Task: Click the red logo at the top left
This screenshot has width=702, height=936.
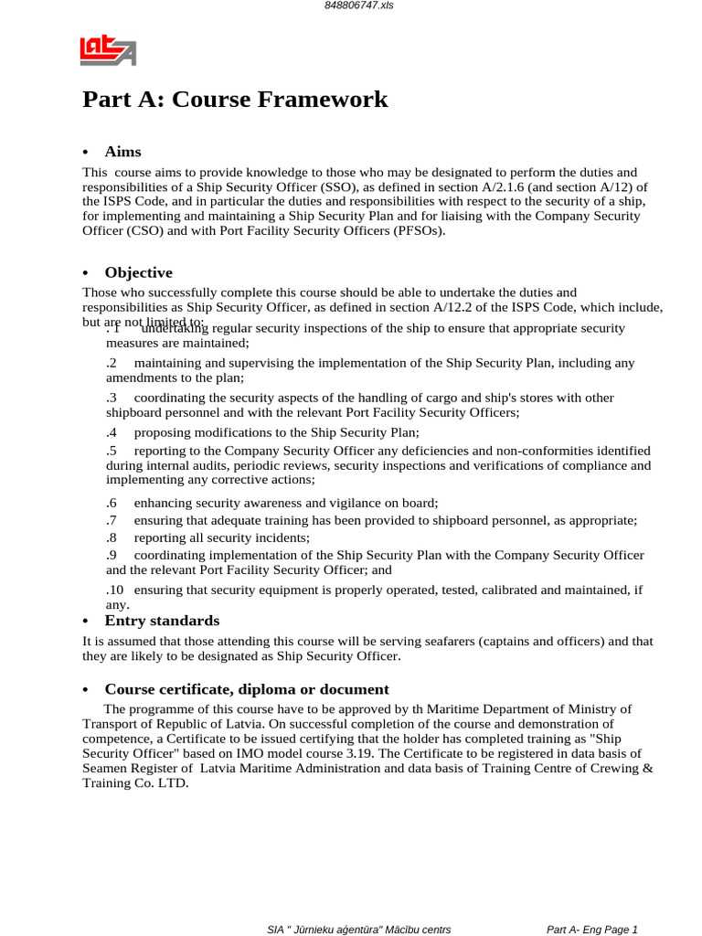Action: [x=108, y=50]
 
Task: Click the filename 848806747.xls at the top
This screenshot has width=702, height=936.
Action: [x=351, y=5]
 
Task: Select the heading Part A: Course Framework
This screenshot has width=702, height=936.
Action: [x=235, y=100]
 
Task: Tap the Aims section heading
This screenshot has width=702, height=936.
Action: [x=122, y=152]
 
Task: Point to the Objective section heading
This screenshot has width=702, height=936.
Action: [x=138, y=272]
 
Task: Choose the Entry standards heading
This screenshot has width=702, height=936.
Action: [x=162, y=621]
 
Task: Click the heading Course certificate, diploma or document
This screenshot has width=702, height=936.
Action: [x=247, y=689]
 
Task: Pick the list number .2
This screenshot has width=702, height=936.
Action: [x=112, y=363]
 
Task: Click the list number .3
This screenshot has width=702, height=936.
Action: [x=112, y=398]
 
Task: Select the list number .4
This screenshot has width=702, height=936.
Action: [x=112, y=432]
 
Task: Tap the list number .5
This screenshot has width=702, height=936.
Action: [x=112, y=451]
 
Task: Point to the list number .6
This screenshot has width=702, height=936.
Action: [x=112, y=503]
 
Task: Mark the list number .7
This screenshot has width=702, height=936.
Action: [x=112, y=520]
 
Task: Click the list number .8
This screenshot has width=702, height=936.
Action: [x=112, y=537]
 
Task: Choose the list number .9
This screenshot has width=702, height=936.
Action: [x=112, y=555]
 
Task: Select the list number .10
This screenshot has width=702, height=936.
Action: [x=114, y=590]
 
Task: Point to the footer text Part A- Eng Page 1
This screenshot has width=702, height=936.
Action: [x=591, y=930]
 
